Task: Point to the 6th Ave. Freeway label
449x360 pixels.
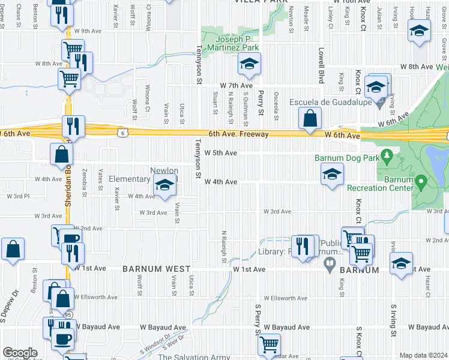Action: pyautogui.click(x=238, y=134)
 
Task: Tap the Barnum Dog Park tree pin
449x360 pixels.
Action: pyautogui.click(x=387, y=158)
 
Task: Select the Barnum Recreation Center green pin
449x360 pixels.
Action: pyautogui.click(x=421, y=180)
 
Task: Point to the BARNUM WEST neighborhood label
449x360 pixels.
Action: pyautogui.click(x=157, y=269)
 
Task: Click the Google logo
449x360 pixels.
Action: pyautogui.click(x=20, y=353)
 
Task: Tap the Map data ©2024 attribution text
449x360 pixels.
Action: pyautogui.click(x=423, y=355)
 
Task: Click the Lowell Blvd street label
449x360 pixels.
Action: pyautogui.click(x=322, y=66)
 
